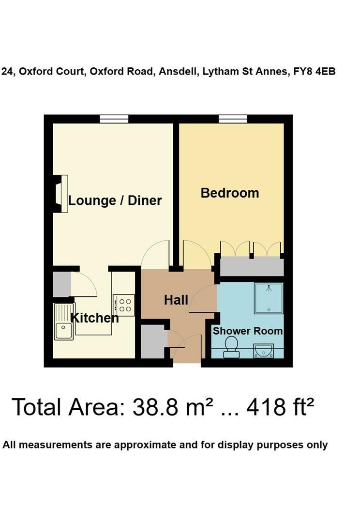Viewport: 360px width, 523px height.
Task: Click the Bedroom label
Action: [230, 193]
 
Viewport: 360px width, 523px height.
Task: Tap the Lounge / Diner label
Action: [115, 200]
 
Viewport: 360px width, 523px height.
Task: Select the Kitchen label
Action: [95, 318]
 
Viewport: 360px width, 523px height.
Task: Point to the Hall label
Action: [176, 300]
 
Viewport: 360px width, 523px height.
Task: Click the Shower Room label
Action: [248, 331]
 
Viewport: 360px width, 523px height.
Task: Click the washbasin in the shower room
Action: [264, 350]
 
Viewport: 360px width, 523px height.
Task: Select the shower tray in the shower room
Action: [269, 298]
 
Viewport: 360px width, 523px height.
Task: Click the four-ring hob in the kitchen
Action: [123, 304]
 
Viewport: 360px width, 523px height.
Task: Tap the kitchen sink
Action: [63, 322]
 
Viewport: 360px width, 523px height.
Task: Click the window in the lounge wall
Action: [114, 119]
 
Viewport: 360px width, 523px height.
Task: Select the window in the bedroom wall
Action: [233, 119]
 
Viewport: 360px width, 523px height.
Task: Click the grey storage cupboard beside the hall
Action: [153, 341]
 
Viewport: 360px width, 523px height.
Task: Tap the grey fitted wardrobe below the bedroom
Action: [251, 266]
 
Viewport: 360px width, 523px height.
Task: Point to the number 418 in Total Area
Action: [266, 407]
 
